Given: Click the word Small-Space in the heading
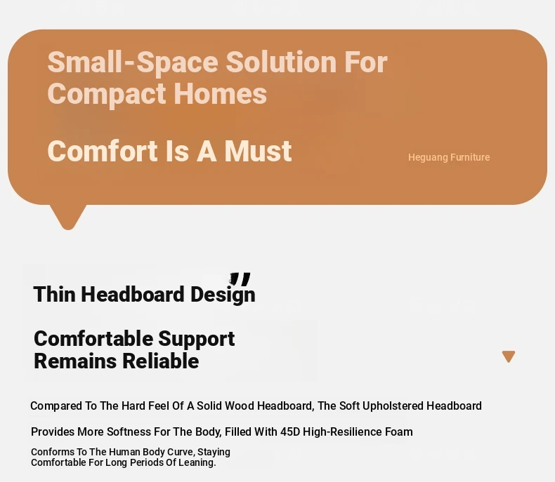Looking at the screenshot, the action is point(133,63).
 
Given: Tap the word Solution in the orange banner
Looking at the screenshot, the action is point(281,62).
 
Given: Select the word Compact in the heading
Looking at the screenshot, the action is point(107,95).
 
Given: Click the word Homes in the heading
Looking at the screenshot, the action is point(220,94).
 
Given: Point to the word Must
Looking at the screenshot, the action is point(258,152).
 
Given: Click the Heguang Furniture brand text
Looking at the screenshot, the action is point(449,157).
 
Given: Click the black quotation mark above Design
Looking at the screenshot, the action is point(240,279).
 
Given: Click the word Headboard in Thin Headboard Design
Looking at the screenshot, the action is point(133,294).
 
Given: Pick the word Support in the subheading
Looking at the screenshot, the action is point(196,340).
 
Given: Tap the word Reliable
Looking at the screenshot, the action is point(160,361).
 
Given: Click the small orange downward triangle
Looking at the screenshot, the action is point(509,356).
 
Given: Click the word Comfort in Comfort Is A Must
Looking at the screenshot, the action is point(103,152).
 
